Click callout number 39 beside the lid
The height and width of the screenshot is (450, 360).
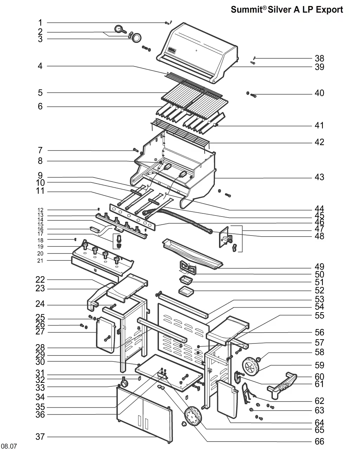[319, 67]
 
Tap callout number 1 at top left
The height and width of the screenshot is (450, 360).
[40, 23]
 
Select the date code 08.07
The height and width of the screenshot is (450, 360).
[9, 446]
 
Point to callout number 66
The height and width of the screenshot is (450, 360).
[319, 442]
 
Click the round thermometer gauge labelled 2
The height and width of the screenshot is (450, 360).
[119, 29]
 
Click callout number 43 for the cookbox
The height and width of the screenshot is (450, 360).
[319, 177]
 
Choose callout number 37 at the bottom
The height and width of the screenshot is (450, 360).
[40, 437]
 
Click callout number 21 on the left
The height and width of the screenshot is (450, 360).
[40, 261]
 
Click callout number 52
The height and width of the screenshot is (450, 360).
[319, 290]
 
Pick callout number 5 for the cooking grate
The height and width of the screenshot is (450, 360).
[40, 93]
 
